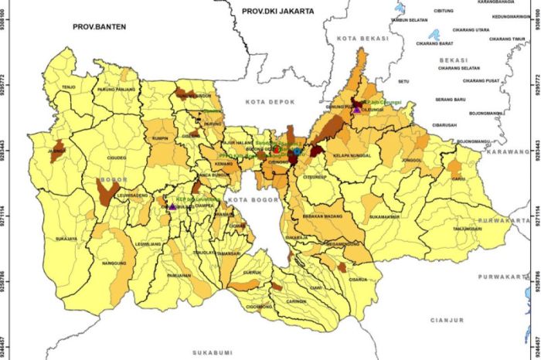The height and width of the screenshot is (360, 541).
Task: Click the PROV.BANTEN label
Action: point(99,26)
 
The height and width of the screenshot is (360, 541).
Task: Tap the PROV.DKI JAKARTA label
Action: point(279,11)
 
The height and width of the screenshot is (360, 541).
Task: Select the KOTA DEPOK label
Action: point(265,102)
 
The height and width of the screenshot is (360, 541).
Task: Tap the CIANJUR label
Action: point(447,319)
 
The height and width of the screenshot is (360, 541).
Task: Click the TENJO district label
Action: point(68,87)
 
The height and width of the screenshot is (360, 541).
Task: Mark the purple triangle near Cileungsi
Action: point(356,109)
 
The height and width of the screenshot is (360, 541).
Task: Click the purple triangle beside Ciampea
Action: point(172,206)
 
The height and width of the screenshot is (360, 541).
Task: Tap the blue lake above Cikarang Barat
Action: point(434,35)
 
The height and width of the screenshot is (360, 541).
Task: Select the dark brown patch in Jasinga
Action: point(58,147)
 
